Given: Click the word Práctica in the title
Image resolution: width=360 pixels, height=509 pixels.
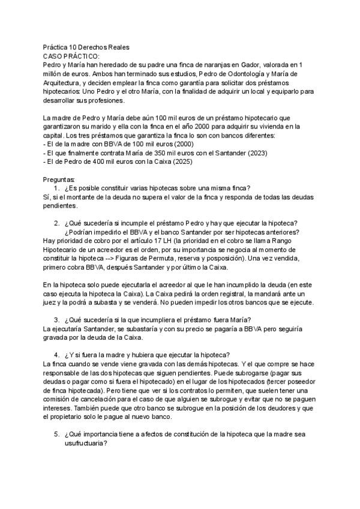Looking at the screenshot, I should [56, 47].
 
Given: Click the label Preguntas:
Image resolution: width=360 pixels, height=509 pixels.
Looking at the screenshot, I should [59, 179].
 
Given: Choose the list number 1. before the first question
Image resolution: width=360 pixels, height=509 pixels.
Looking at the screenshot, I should [57, 188].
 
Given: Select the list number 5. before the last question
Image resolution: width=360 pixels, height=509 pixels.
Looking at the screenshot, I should [57, 434].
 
